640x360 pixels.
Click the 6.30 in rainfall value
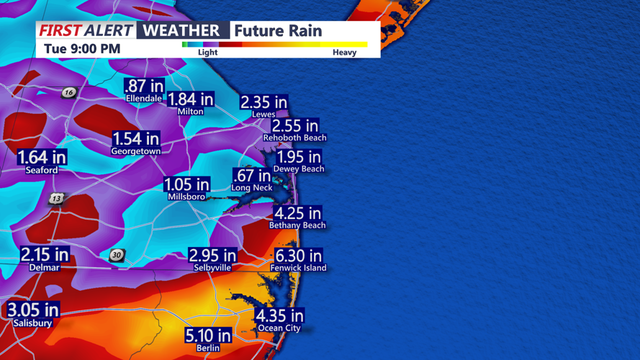298,256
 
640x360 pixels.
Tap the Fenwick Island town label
298,268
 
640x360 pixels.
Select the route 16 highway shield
68,92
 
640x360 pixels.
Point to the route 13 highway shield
56,199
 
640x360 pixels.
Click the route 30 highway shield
117,255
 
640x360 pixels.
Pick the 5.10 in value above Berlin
208,336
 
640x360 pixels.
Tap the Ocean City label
279,328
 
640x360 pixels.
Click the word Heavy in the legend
344,53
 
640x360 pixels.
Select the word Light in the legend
207,53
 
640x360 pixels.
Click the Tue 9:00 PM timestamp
82,49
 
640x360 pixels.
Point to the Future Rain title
278,31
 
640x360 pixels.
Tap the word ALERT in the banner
108,30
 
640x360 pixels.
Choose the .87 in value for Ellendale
144,86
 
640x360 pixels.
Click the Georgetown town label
135,152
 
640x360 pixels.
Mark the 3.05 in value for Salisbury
33,310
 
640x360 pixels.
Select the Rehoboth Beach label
294,138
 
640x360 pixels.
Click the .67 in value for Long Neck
252,176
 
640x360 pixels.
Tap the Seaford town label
41,170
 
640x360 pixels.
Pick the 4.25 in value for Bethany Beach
297,213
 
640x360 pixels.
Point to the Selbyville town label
212,268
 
